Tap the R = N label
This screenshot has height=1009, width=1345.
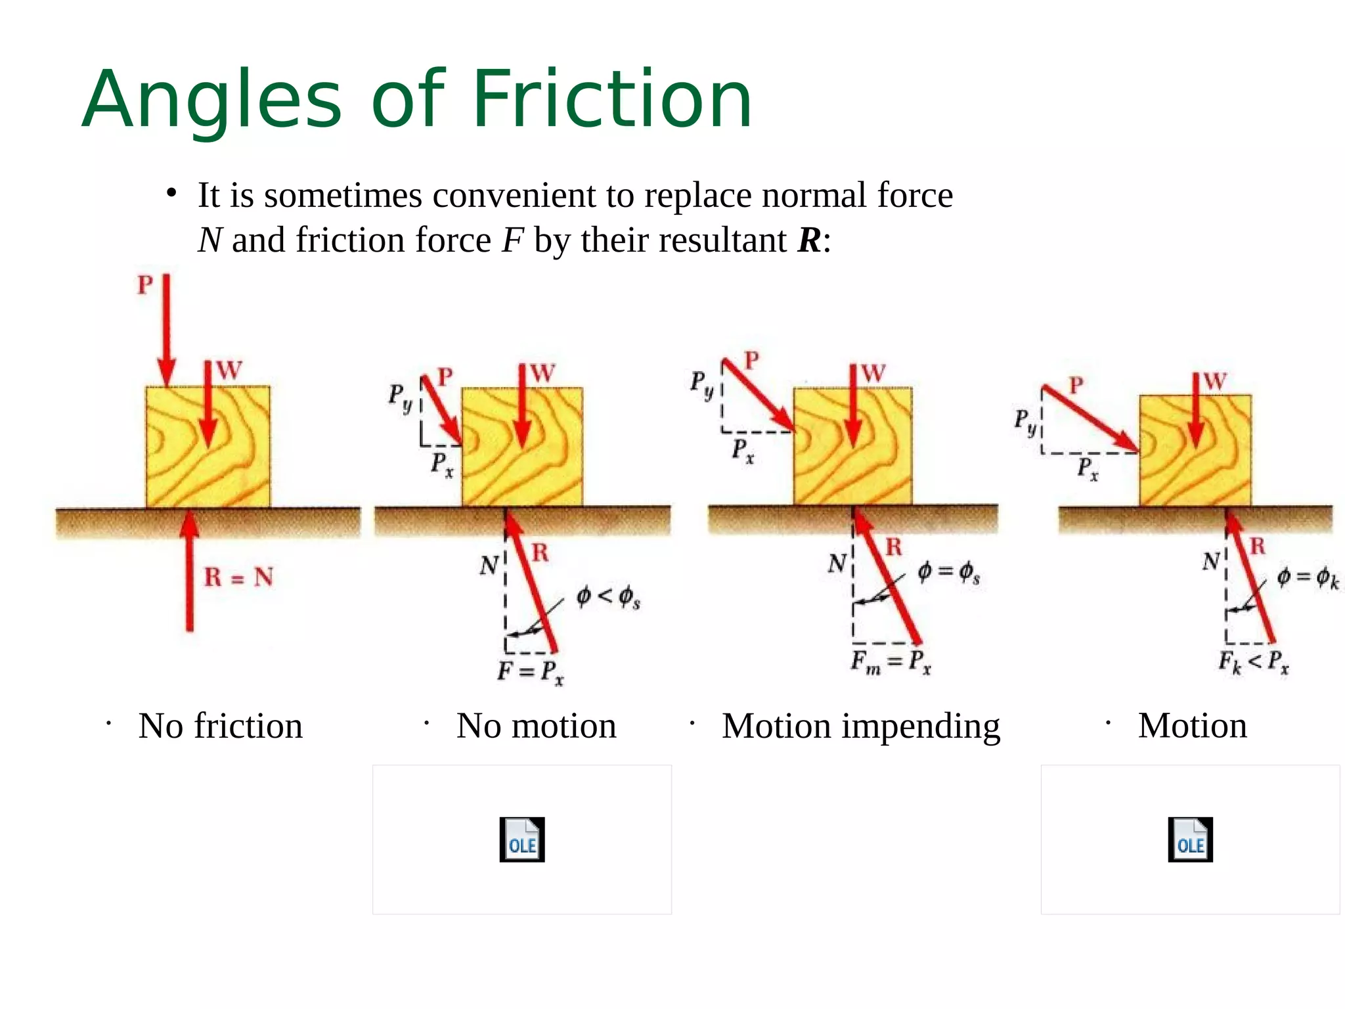238,577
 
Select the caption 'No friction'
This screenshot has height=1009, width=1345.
220,726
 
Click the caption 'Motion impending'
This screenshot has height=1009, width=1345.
860,727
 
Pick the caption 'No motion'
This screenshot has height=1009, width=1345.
536,726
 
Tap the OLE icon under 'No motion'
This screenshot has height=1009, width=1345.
522,840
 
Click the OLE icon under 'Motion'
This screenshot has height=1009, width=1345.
1190,840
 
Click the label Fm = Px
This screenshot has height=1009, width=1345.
891,661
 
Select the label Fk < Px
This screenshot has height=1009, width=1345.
1253,661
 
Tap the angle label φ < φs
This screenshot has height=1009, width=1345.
607,597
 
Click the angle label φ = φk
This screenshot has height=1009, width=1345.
1307,578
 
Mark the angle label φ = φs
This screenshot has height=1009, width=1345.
948,572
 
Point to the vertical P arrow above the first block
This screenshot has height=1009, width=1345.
166,328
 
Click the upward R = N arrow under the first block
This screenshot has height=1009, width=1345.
190,572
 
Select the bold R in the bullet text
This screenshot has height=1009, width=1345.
809,240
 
